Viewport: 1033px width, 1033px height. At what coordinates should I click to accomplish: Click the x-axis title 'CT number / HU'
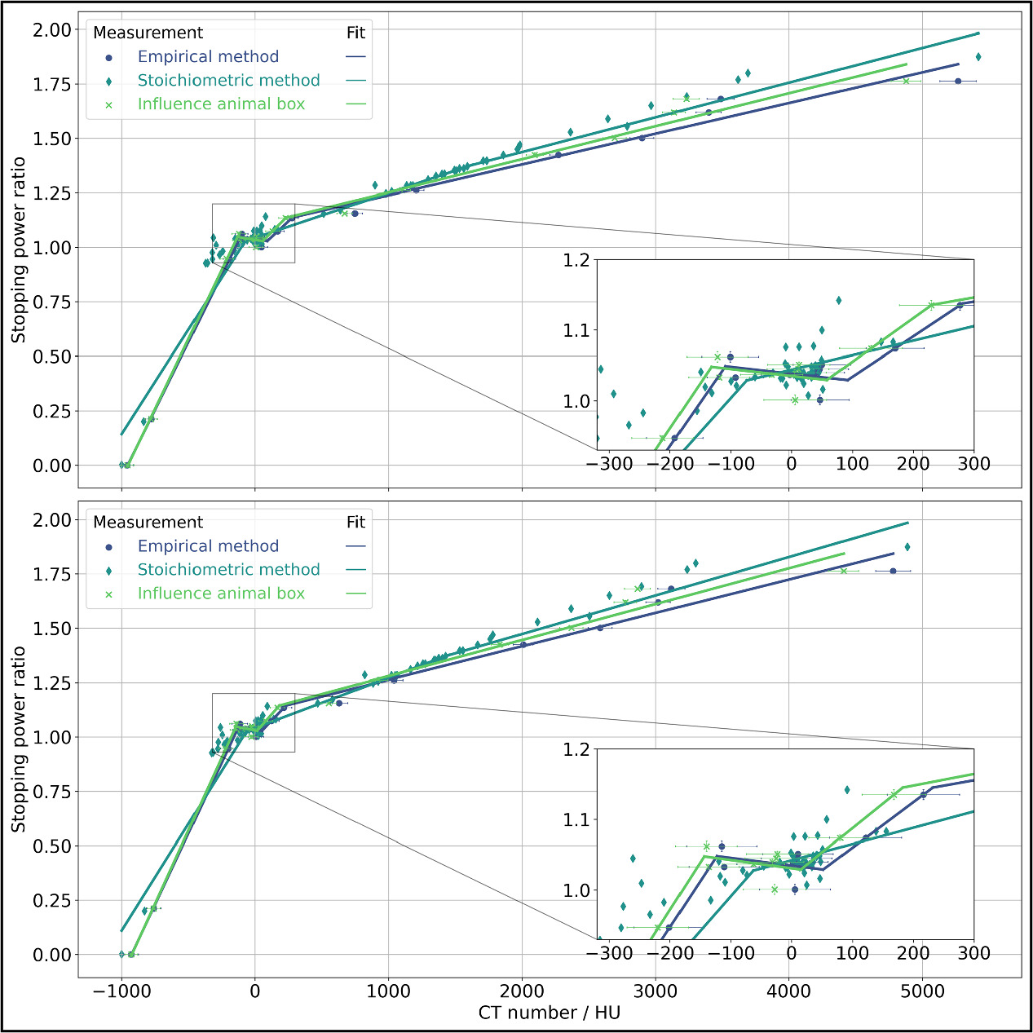point(549,1013)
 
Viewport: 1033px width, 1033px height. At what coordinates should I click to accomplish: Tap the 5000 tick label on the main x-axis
point(922,992)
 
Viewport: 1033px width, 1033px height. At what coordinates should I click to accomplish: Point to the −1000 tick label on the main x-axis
point(121,992)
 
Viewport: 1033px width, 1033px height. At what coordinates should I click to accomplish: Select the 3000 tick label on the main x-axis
point(656,992)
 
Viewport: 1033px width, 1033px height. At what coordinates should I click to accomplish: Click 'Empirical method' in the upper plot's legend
point(208,57)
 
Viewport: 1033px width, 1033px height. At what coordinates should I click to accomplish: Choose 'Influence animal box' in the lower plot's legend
point(221,594)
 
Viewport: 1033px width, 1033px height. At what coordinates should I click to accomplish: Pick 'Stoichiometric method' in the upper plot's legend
point(228,81)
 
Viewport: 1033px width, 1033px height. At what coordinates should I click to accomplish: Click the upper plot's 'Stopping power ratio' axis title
point(19,249)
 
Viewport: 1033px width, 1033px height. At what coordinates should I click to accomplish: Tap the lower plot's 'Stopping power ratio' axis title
point(19,739)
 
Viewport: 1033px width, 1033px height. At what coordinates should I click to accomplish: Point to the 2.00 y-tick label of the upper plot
point(52,30)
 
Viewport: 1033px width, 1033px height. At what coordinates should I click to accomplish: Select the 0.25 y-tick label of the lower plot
point(52,901)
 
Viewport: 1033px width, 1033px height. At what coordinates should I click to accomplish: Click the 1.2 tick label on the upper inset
point(576,261)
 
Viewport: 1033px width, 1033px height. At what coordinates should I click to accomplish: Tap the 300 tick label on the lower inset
point(973,953)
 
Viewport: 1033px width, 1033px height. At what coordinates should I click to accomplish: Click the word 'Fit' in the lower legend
point(355,523)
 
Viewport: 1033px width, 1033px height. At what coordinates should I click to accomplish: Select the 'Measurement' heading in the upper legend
point(148,33)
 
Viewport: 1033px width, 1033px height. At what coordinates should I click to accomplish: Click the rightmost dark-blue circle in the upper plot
point(958,81)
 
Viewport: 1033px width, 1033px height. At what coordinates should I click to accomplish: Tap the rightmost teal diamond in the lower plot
point(907,547)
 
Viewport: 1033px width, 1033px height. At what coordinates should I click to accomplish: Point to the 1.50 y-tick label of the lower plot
point(52,629)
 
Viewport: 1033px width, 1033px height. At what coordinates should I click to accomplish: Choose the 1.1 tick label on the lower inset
point(576,820)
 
